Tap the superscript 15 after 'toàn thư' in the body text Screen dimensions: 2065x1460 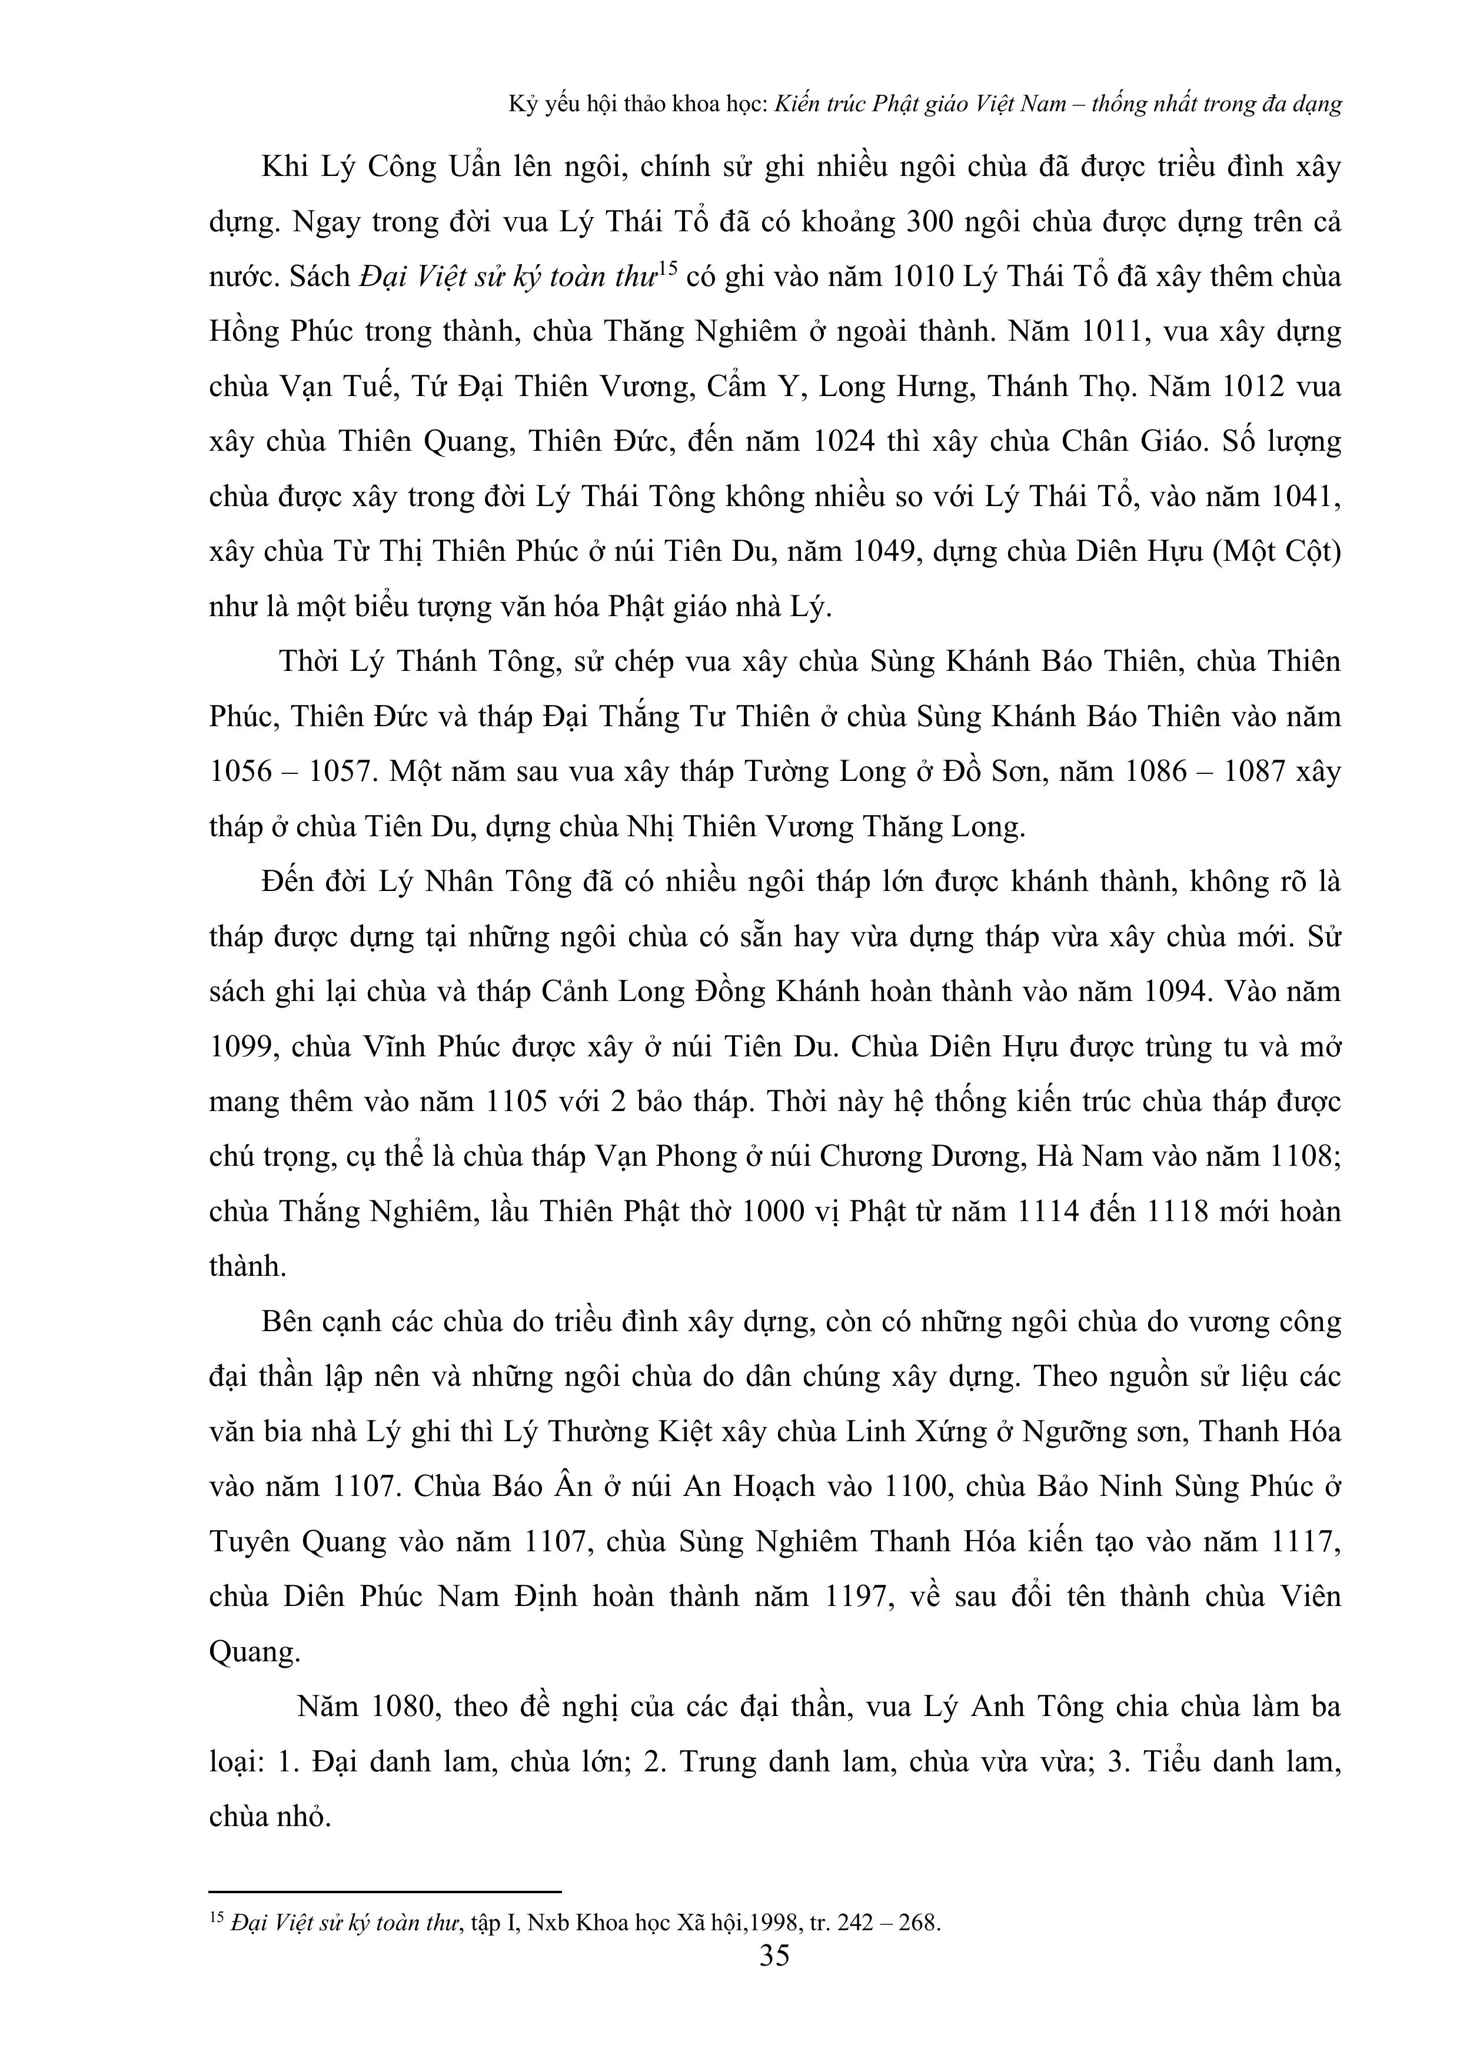[667, 267]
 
